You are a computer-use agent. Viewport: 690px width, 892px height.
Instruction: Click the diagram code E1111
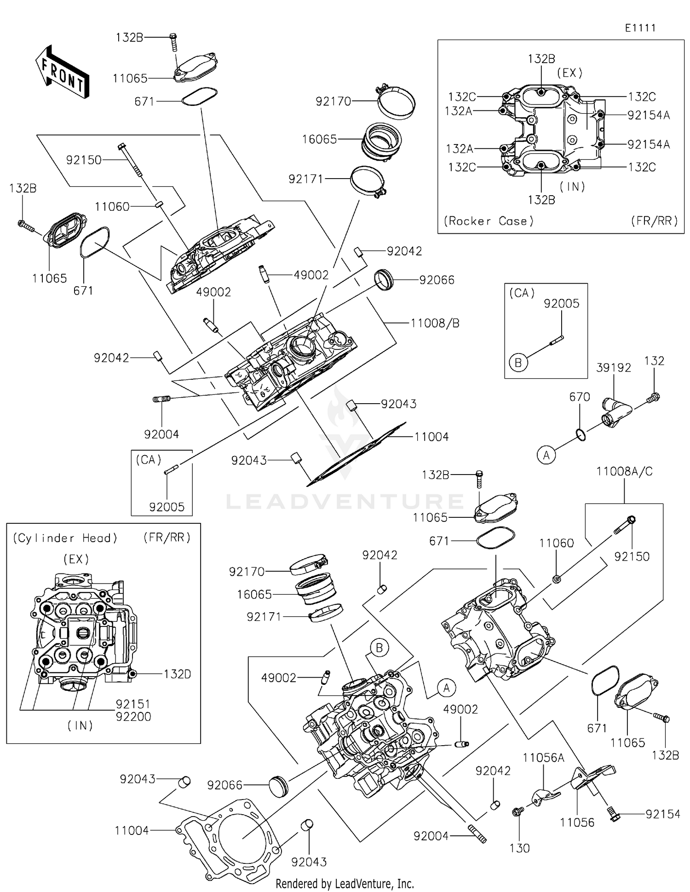pyautogui.click(x=640, y=28)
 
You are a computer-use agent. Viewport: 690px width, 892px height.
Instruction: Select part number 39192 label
pyautogui.click(x=613, y=368)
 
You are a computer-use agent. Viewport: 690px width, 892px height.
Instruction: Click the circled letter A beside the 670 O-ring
pyautogui.click(x=546, y=455)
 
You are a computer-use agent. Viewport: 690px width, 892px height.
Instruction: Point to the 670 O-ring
pyautogui.click(x=581, y=434)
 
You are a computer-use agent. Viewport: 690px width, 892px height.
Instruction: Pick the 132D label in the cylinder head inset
pyautogui.click(x=177, y=674)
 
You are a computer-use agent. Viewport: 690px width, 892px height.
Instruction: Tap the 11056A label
pyautogui.click(x=543, y=758)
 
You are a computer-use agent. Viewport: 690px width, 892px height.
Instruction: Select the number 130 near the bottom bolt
pyautogui.click(x=519, y=848)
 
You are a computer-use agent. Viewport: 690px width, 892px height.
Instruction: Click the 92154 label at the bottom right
pyautogui.click(x=662, y=814)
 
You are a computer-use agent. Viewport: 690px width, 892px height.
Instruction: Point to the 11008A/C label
pyautogui.click(x=624, y=471)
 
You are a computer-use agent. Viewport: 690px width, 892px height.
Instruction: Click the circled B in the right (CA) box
pyautogui.click(x=518, y=363)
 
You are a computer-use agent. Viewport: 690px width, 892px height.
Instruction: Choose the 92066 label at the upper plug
pyautogui.click(x=436, y=280)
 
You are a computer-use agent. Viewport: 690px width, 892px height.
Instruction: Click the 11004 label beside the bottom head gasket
pyautogui.click(x=132, y=830)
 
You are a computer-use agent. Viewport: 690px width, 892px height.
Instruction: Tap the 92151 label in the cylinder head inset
pyautogui.click(x=133, y=704)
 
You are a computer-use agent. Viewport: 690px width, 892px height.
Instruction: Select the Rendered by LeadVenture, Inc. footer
pyautogui.click(x=345, y=883)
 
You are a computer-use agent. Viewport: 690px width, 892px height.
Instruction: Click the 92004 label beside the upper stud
pyautogui.click(x=161, y=434)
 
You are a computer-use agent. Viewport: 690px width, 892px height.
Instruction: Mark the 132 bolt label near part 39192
pyautogui.click(x=654, y=361)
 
